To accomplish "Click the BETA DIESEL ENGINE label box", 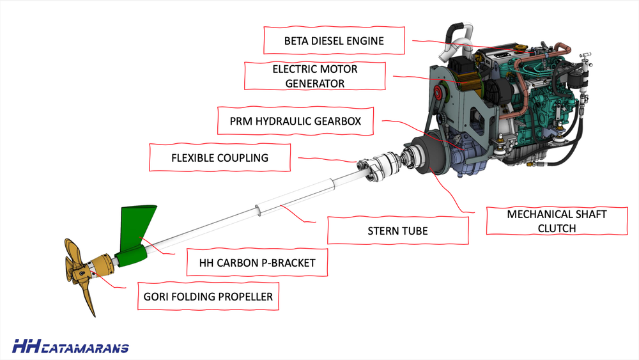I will (x=334, y=41).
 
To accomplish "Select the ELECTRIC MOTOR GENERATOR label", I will (x=315, y=76).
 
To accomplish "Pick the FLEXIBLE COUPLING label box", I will (x=219, y=157).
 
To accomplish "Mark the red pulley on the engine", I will (x=438, y=95).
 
